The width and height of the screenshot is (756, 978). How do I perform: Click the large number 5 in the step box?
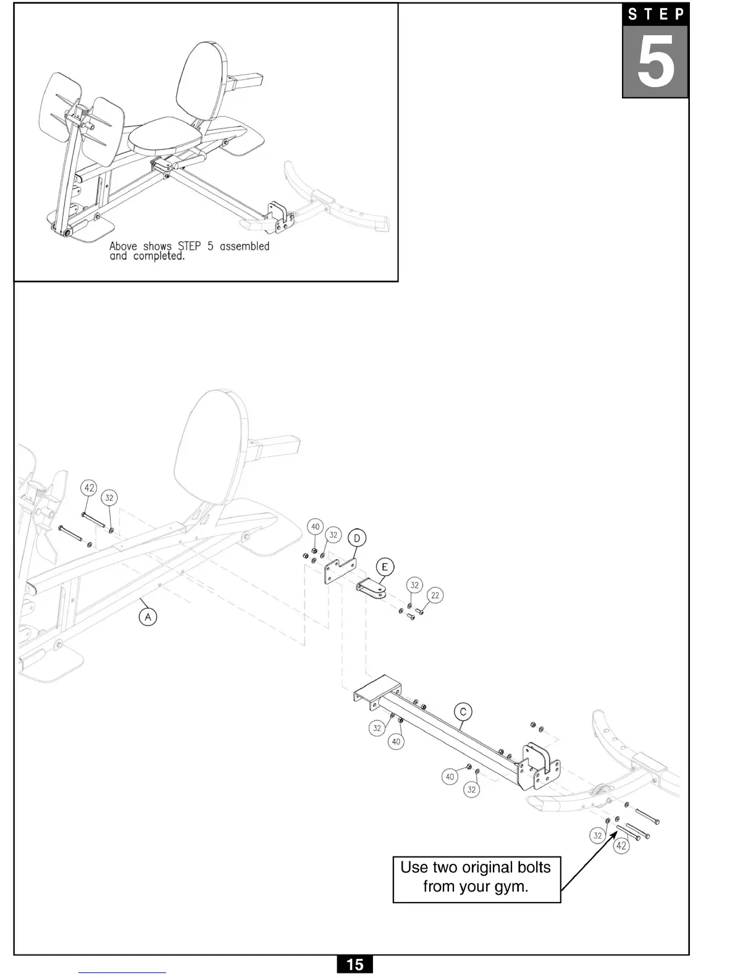655,62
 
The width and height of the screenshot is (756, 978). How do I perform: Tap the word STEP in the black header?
655,14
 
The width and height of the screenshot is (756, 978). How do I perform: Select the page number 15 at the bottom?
355,964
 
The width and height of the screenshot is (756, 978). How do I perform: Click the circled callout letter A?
148,616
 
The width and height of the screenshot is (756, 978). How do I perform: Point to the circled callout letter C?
463,711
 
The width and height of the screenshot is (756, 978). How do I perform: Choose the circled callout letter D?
356,538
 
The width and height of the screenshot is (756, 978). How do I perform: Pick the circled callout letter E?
384,567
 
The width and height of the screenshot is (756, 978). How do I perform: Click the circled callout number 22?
435,595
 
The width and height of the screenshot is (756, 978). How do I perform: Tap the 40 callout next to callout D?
316,527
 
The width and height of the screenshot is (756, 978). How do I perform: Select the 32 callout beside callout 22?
414,585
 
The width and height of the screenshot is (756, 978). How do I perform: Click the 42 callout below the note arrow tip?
621,845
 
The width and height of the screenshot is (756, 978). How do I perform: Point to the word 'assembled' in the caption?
245,246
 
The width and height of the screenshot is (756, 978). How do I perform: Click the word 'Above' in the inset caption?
124,246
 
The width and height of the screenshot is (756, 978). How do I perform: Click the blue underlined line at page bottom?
122,973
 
